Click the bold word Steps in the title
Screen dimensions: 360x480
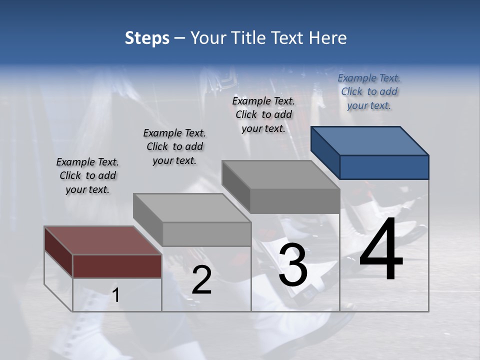pos(146,38)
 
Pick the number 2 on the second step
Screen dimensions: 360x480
pos(201,280)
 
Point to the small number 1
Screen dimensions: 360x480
pos(116,295)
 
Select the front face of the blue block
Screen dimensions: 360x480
pos(384,167)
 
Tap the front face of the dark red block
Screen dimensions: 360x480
pos(117,266)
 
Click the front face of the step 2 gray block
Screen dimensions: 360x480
pos(206,234)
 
